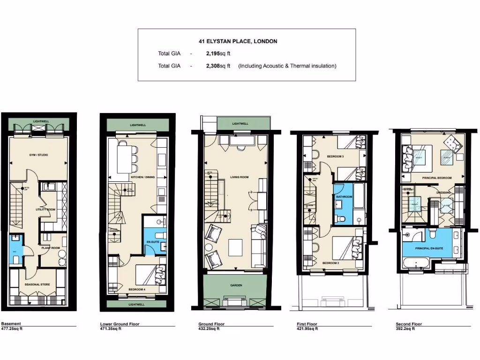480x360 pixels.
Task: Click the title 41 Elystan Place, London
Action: point(238,41)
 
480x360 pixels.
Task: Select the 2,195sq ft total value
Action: point(218,54)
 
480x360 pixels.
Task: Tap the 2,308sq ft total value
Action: point(218,66)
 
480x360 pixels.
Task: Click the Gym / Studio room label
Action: point(39,155)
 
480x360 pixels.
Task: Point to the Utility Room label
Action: point(46,210)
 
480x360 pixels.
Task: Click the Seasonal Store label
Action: point(35,285)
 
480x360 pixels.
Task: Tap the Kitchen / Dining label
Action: point(142,177)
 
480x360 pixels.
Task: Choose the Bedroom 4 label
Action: point(137,289)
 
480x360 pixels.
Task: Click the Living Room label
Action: point(239,177)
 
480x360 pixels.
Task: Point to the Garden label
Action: point(236,285)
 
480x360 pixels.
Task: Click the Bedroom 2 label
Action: point(330,263)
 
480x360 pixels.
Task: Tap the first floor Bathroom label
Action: point(344,197)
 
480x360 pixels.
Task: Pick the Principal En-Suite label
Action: point(429,247)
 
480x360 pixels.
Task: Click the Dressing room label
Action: point(443,192)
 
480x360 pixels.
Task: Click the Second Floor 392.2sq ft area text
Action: point(409,326)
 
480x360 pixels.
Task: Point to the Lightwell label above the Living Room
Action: point(240,124)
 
